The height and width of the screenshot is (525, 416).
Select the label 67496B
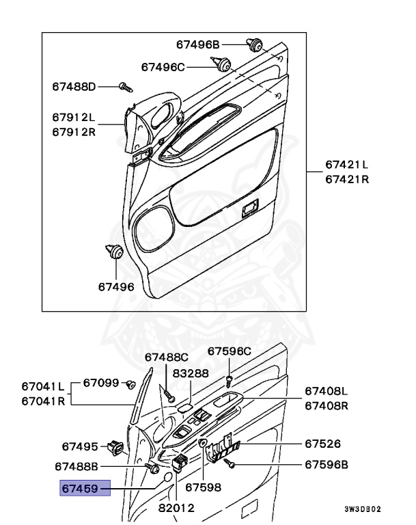197,44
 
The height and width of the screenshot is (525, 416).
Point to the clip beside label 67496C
223,66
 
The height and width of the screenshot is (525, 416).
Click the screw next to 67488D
125,87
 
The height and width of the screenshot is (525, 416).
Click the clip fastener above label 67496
114,251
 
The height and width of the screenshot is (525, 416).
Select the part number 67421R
346,179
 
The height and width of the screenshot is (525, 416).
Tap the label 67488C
166,357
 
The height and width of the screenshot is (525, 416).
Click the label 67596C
230,351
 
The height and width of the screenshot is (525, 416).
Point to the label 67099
101,383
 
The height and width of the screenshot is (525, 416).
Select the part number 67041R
42,401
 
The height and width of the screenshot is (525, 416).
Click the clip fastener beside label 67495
114,448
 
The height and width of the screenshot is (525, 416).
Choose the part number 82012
176,509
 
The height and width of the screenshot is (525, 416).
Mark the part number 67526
320,443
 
